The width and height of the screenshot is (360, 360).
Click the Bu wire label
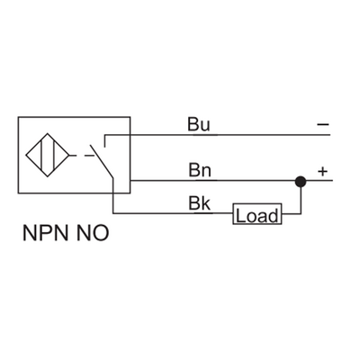pos(198,124)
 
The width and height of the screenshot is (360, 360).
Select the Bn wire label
pos(198,167)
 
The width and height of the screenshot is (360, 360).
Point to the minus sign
pos(322,124)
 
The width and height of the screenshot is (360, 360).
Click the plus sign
pos(322,167)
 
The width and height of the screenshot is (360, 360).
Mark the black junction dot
pos(300,181)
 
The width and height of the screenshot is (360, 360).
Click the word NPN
pos(42,236)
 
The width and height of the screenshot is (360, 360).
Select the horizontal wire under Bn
pos(225,181)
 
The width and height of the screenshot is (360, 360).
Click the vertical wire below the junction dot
pos(300,200)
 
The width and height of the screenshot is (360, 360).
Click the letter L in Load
pos(240,215)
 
